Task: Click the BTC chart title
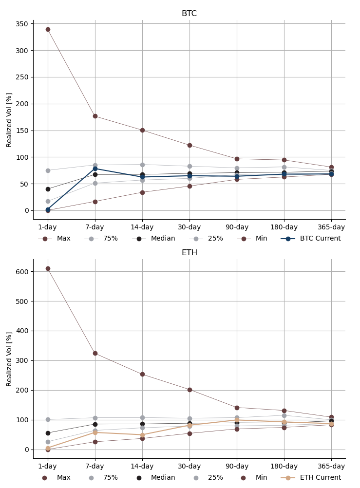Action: (189, 14)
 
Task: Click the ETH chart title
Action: (189, 253)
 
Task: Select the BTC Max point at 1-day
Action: (48, 29)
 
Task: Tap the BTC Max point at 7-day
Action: (95, 116)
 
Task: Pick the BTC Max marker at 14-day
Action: (142, 130)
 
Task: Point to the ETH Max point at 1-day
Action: (48, 268)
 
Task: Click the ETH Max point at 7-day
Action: (95, 353)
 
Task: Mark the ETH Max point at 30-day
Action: (189, 390)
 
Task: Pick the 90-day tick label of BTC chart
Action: (237, 227)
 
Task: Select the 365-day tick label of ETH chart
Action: (331, 466)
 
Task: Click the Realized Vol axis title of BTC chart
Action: (9, 120)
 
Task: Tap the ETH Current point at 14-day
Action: (142, 435)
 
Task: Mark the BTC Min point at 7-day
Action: (95, 202)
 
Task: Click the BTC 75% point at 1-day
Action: (48, 170)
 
